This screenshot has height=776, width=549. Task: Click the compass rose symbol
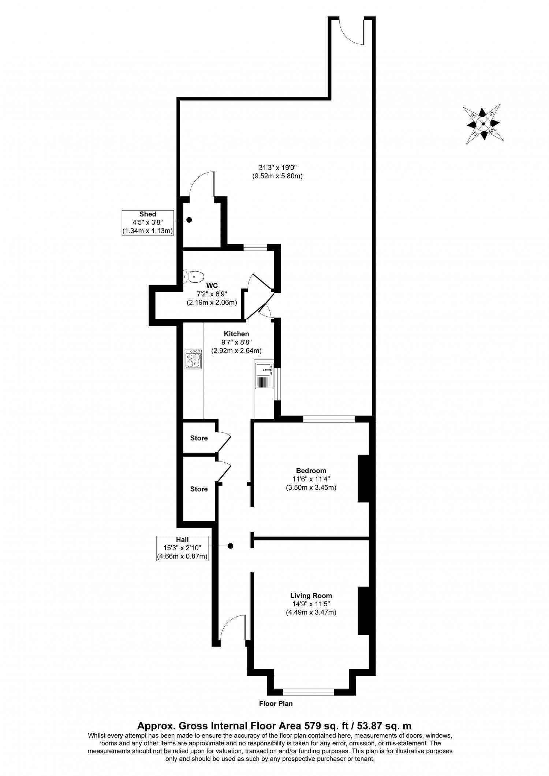coord(483,124)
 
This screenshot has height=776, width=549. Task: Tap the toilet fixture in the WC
coord(193,277)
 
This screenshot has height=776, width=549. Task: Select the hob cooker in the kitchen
coord(193,359)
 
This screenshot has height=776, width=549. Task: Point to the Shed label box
coord(147,223)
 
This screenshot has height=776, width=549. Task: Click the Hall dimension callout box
coord(182,549)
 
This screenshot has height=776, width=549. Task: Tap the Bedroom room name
coord(311,471)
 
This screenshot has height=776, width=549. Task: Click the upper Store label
coord(199,438)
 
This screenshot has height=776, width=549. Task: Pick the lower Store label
coord(199,489)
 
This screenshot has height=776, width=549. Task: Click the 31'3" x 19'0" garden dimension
coord(277,168)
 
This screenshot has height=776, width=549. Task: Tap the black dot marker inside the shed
coord(189,220)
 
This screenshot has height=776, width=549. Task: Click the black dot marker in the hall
coord(230,546)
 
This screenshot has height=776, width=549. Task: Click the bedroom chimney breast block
coord(363,478)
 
